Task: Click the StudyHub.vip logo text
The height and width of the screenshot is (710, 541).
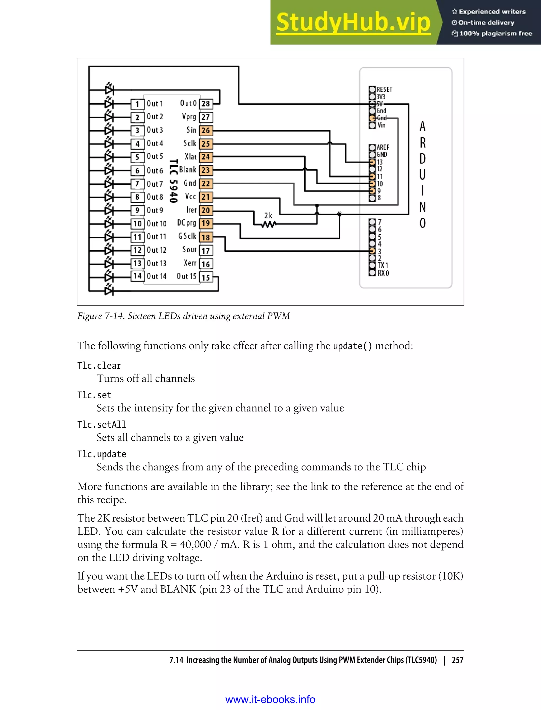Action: (353, 22)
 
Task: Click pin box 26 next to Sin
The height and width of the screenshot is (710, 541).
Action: (206, 130)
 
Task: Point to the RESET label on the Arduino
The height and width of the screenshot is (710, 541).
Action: (385, 90)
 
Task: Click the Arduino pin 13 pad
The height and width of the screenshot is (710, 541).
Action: (372, 162)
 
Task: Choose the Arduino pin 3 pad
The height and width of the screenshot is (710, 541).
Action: (372, 251)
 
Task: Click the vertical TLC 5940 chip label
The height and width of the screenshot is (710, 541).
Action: (174, 181)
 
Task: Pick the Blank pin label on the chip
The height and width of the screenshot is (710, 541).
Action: (188, 170)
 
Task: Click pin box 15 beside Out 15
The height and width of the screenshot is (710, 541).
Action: (206, 277)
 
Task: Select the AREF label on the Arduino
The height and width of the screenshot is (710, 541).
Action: (383, 147)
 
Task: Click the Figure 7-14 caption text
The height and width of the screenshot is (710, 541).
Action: (184, 316)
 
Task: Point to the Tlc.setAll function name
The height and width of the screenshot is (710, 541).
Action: (102, 424)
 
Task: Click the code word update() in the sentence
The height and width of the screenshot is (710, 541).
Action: (352, 346)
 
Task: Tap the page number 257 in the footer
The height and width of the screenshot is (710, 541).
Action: (457, 660)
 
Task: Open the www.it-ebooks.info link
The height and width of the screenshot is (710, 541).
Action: (270, 699)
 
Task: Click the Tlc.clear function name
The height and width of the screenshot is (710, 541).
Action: (99, 366)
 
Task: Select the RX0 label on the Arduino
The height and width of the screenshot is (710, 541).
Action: (383, 273)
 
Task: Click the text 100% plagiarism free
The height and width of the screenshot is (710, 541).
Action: (495, 34)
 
